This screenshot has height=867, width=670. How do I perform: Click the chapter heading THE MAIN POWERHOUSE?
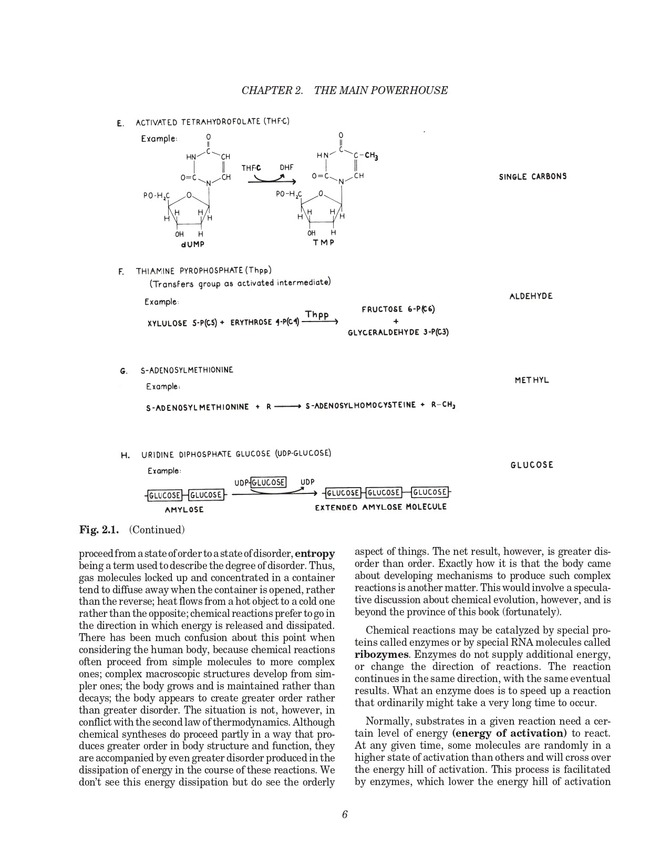(380, 90)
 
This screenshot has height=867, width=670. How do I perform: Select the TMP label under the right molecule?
(324, 242)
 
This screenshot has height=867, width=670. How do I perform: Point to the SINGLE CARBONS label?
(533, 177)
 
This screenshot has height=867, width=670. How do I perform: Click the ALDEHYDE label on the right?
(531, 296)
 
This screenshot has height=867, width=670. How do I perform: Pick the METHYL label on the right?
(532, 380)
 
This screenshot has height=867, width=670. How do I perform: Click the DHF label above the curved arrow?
(286, 168)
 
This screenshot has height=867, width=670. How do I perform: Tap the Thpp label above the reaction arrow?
(317, 315)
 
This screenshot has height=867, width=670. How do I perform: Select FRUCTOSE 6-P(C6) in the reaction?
(398, 309)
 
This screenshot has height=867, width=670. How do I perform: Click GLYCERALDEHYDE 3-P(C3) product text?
(398, 333)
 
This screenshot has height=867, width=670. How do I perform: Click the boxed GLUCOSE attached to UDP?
(269, 482)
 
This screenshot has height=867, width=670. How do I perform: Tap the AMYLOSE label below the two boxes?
(184, 510)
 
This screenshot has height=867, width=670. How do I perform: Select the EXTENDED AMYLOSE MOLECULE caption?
(380, 508)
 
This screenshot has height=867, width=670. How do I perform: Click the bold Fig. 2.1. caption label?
(99, 530)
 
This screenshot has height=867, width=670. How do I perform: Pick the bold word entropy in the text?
(315, 554)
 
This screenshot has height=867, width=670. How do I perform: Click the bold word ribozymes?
(381, 655)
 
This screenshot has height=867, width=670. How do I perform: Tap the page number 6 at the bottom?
(345, 815)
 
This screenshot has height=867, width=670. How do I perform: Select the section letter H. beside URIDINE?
(125, 456)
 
